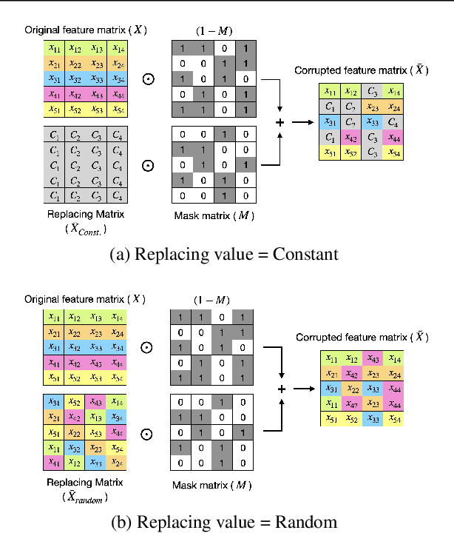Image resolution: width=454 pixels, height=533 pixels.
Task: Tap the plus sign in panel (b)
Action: click(280, 389)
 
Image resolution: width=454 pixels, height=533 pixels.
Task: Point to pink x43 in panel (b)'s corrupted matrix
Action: click(374, 359)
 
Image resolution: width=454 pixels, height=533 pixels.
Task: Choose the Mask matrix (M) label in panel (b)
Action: click(202, 486)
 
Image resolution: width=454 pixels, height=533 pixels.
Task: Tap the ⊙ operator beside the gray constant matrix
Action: click(148, 167)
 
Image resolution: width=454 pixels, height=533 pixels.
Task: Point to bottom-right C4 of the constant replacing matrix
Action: click(116, 196)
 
